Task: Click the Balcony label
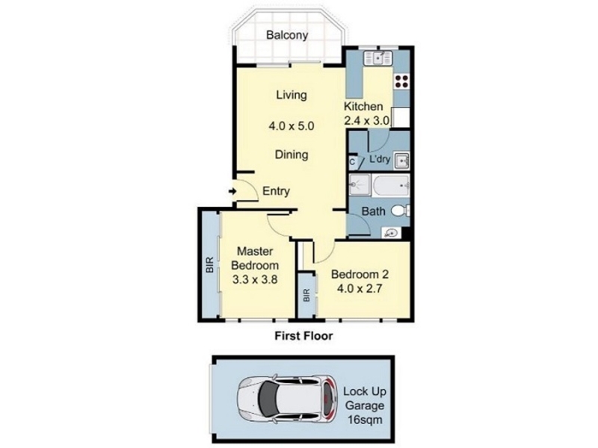pos(287,35)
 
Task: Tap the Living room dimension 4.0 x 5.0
pos(292,125)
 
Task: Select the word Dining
pos(292,155)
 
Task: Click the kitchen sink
pos(378,58)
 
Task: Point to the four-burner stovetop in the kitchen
pos(401,81)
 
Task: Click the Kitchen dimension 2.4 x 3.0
pos(366,121)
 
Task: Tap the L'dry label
pos(380,159)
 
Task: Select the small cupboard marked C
pos(354,161)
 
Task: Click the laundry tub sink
pos(401,161)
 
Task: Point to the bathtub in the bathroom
pos(391,185)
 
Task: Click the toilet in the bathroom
pos(401,211)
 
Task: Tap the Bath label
pos(373,211)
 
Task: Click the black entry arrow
pos(232,191)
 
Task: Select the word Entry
pos(276,191)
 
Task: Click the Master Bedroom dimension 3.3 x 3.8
pos(255,280)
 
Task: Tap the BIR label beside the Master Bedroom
pos(209,265)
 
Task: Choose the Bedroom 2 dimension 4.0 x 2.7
pos(360,289)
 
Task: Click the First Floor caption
pos(304,336)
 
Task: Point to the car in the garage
pos(287,399)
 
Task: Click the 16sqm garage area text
pos(365,420)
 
